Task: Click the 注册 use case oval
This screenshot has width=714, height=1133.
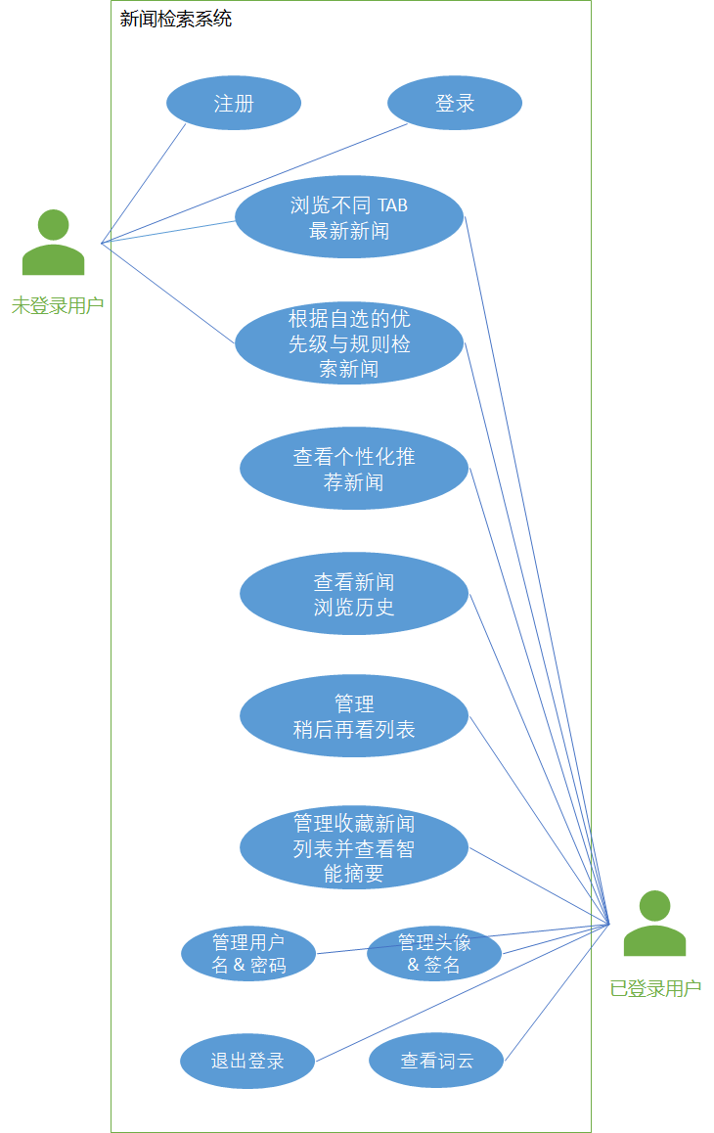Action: click(234, 103)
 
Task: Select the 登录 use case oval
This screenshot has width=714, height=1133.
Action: click(455, 103)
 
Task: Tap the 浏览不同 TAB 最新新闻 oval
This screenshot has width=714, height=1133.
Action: click(349, 217)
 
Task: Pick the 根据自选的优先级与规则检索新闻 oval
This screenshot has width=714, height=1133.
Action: click(349, 343)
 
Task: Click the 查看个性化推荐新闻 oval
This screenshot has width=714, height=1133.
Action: click(354, 469)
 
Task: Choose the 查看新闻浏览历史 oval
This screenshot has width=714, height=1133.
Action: click(354, 594)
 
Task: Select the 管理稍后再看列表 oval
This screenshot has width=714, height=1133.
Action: click(354, 716)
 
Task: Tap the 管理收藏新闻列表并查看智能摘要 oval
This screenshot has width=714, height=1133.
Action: click(354, 848)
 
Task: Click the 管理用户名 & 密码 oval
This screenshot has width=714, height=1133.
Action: click(248, 954)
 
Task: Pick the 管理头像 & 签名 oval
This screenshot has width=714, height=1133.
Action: click(434, 954)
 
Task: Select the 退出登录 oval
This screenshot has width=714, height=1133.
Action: click(247, 1061)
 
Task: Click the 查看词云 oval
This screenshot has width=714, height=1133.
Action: click(436, 1061)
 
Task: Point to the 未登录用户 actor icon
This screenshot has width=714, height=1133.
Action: click(54, 245)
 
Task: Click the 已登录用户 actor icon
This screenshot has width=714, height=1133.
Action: click(655, 926)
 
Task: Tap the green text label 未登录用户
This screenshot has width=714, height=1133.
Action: click(58, 305)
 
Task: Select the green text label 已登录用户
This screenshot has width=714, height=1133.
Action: click(655, 988)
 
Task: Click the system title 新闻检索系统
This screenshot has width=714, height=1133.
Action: click(176, 19)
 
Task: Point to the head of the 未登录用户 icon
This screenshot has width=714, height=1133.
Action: click(54, 224)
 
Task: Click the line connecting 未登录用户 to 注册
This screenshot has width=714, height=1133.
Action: click(144, 183)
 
